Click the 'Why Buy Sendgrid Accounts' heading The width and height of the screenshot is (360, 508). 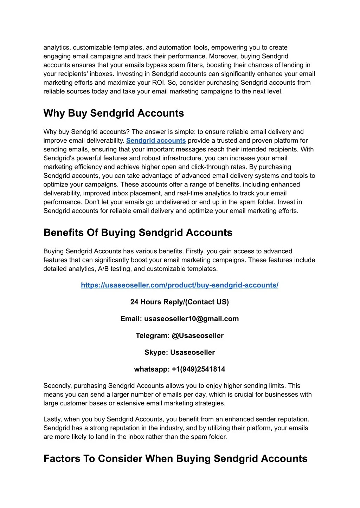114,113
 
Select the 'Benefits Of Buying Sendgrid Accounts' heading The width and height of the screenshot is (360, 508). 138,233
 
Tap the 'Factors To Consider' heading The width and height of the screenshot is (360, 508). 175,458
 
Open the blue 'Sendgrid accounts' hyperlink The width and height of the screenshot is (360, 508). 156,141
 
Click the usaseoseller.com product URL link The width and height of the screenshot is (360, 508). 179,285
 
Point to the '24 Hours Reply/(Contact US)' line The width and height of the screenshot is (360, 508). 179,302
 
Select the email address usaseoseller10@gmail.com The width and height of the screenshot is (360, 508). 191,319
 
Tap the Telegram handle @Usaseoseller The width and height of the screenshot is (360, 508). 198,336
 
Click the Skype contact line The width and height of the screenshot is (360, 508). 179,352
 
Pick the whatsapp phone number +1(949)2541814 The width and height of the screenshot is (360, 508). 199,369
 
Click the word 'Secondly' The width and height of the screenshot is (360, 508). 58,386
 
